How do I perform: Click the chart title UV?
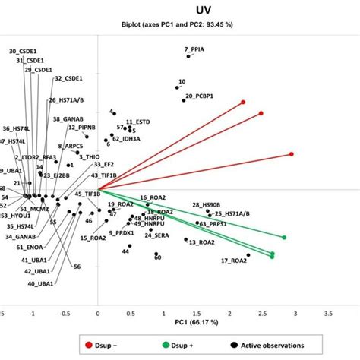pos(180,11)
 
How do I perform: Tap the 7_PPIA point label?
pos(195,49)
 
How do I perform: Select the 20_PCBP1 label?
pos(199,97)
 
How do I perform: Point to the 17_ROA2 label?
pos(234,261)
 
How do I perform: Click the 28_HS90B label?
pos(207,205)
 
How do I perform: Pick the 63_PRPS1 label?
pos(213,223)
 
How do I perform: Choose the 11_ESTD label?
pos(139,122)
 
